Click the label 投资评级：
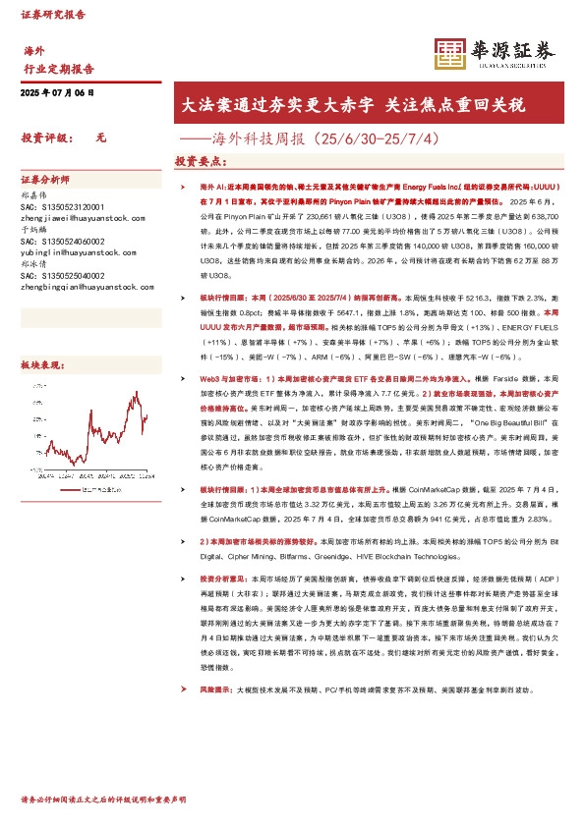pyautogui.click(x=48, y=138)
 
